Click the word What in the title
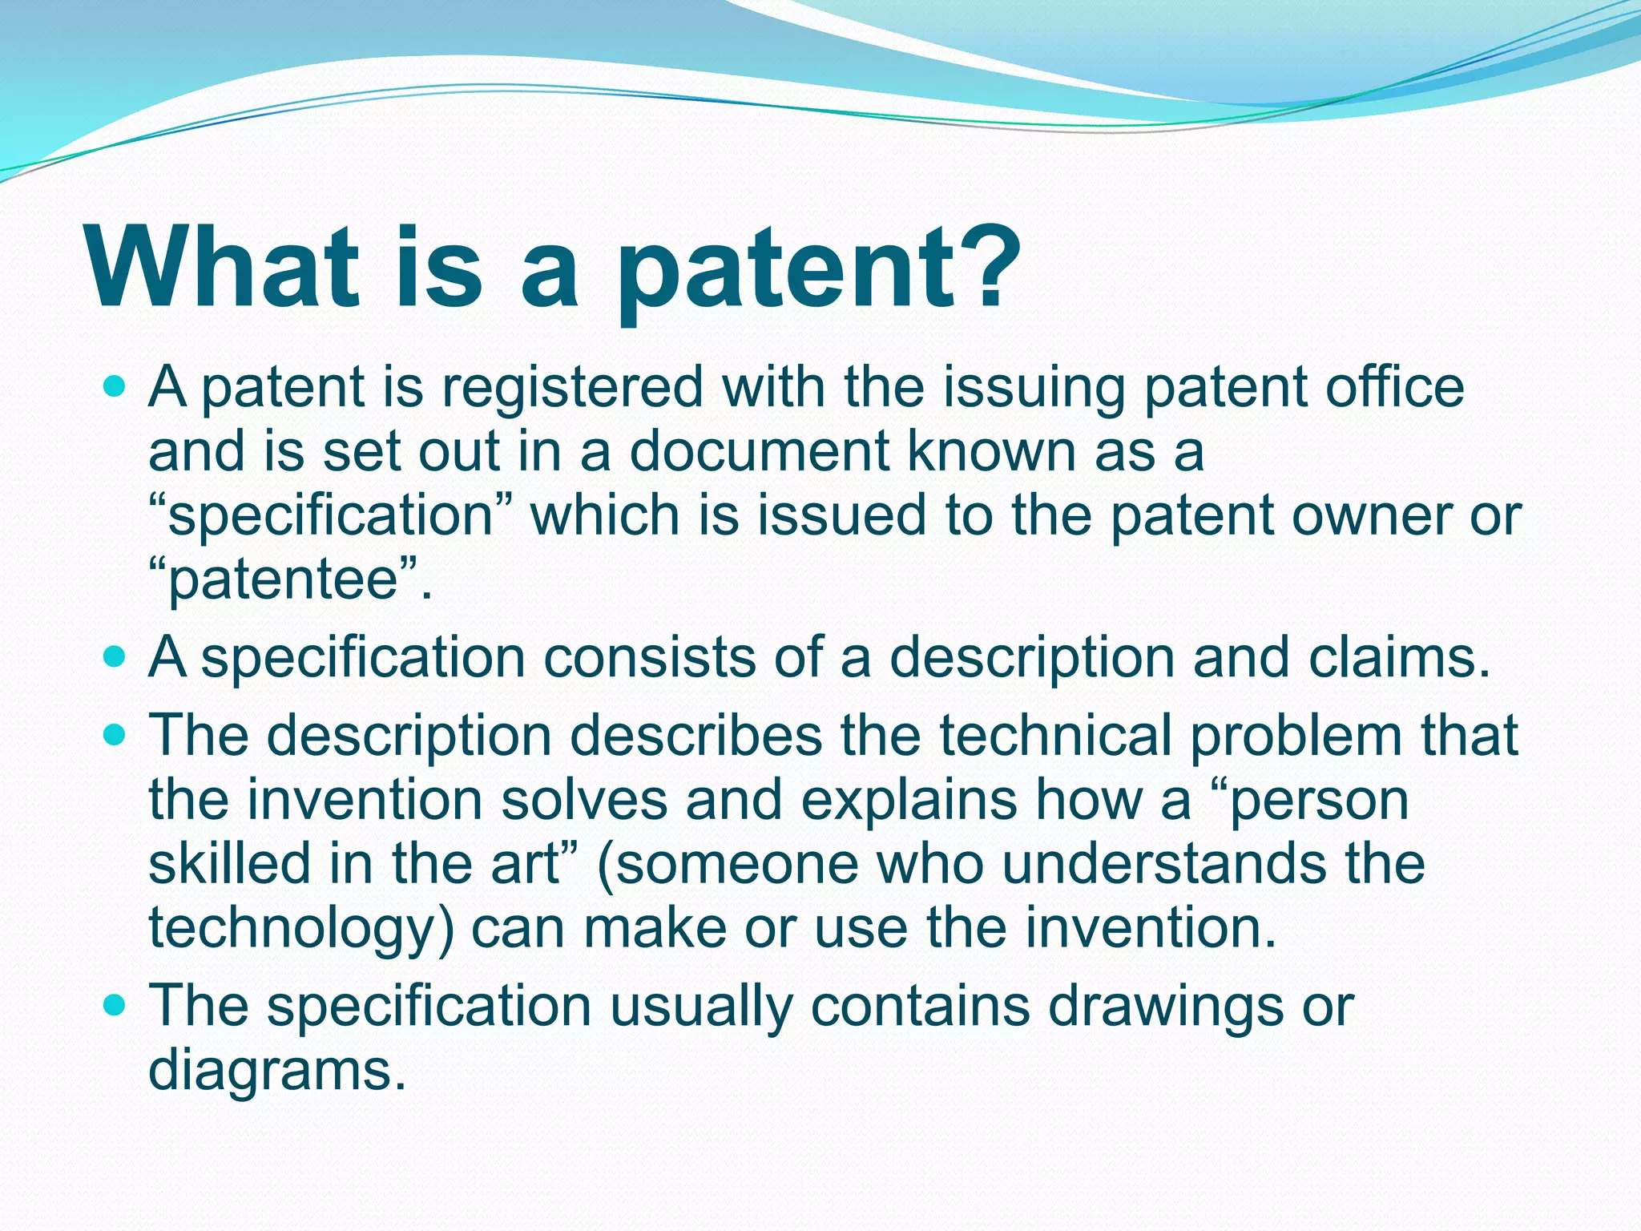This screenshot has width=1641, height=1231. (x=223, y=266)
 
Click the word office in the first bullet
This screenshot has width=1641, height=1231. (x=1394, y=388)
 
